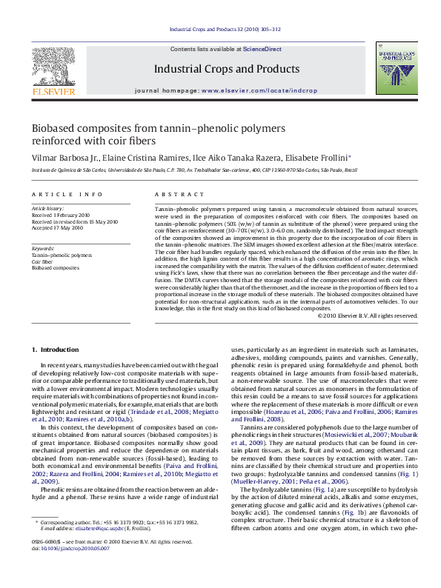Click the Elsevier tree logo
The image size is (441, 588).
click(x=53, y=70)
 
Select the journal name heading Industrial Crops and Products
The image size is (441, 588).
click(x=226, y=69)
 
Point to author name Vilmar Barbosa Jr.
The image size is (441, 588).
click(x=63, y=158)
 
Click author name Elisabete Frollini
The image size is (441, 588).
click(x=315, y=158)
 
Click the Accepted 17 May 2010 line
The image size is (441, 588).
click(x=57, y=228)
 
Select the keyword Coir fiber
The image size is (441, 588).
click(x=42, y=261)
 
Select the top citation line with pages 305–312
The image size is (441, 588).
click(x=225, y=30)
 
